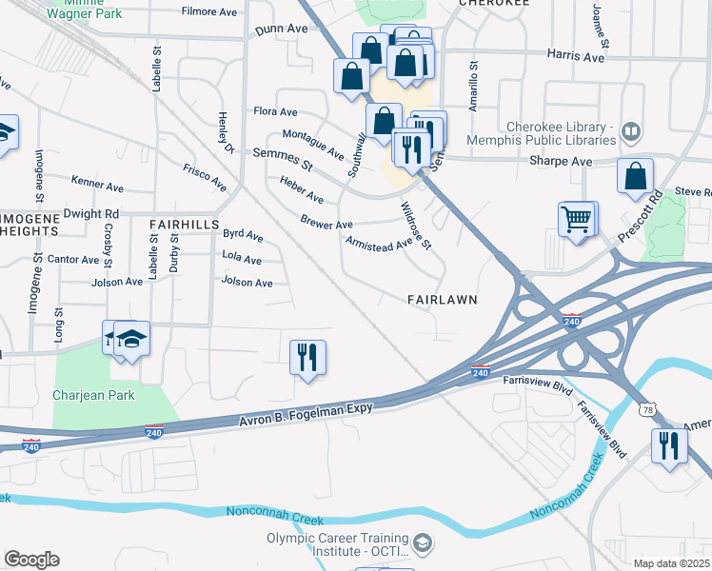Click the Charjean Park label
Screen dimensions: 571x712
click(x=94, y=395)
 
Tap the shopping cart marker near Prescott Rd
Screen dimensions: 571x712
click(x=576, y=219)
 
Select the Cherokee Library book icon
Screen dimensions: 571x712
click(x=629, y=130)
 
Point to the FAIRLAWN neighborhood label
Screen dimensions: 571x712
click(x=441, y=299)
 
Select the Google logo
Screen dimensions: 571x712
click(x=31, y=560)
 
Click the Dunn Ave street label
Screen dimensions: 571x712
click(x=281, y=30)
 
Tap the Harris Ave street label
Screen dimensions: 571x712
click(x=576, y=57)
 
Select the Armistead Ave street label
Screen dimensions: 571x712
click(x=378, y=242)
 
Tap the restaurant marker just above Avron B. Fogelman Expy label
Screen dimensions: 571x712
click(x=307, y=358)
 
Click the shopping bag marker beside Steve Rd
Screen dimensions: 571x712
click(x=635, y=176)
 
